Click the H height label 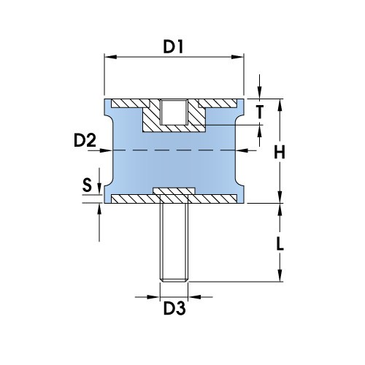(279, 152)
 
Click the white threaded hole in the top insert (173, 112)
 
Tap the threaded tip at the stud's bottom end (173, 278)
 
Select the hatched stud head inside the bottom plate (173, 193)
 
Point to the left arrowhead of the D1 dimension (108, 57)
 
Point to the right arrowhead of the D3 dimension (193, 297)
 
